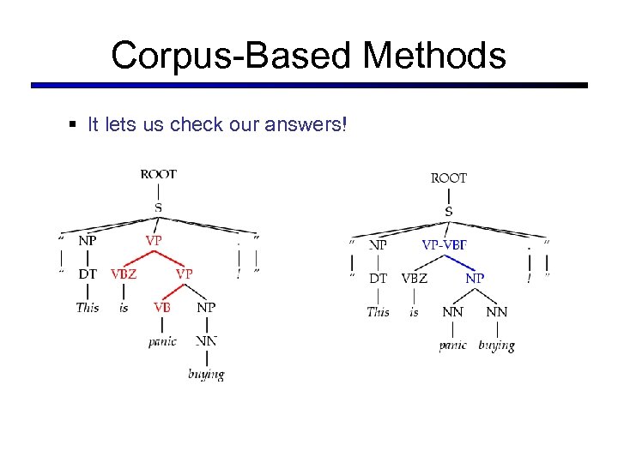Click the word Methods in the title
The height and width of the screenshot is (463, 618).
pyautogui.click(x=434, y=56)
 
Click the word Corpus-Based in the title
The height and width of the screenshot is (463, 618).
pyautogui.click(x=231, y=56)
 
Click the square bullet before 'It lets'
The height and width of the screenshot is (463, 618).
pyautogui.click(x=72, y=125)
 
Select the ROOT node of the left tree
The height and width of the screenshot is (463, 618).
pyautogui.click(x=159, y=173)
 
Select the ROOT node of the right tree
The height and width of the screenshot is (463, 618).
pyautogui.click(x=449, y=177)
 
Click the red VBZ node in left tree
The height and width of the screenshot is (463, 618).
pyautogui.click(x=124, y=274)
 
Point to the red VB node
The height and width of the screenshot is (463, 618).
pyautogui.click(x=161, y=307)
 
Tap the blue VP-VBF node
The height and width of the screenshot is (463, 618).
pyautogui.click(x=445, y=244)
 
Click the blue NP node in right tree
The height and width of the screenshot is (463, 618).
pyautogui.click(x=474, y=278)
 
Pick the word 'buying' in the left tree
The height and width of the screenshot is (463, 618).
pyautogui.click(x=206, y=373)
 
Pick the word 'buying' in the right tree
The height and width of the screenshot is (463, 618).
pyautogui.click(x=496, y=345)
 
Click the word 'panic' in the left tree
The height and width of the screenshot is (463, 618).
pyautogui.click(x=162, y=340)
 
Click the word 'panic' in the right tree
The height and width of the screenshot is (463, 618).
pyautogui.click(x=452, y=345)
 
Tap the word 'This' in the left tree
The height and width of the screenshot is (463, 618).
pyautogui.click(x=88, y=307)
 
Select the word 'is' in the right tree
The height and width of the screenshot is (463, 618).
pyautogui.click(x=414, y=311)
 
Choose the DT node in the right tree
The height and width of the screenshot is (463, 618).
pyautogui.click(x=378, y=278)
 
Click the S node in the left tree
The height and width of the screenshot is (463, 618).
pyautogui.click(x=159, y=207)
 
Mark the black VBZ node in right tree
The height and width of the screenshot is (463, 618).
pyautogui.click(x=414, y=278)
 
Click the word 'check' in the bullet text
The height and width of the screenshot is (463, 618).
pyautogui.click(x=194, y=125)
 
